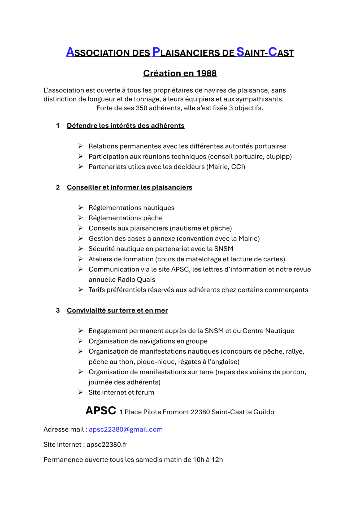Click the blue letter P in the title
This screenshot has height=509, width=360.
156,52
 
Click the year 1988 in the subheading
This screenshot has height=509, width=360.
206,73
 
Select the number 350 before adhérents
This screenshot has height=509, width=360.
141,108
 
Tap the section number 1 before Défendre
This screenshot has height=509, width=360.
58,126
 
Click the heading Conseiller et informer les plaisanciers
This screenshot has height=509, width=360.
129,187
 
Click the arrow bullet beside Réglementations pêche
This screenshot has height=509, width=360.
81,218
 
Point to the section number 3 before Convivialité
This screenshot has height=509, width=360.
58,310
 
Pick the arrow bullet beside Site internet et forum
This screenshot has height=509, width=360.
81,392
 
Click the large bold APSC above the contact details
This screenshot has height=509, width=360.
101,411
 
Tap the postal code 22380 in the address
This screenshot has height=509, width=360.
200,412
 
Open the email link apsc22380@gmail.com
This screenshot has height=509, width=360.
126,430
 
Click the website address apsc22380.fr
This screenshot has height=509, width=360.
107,445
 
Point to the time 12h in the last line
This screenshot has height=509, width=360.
217,460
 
